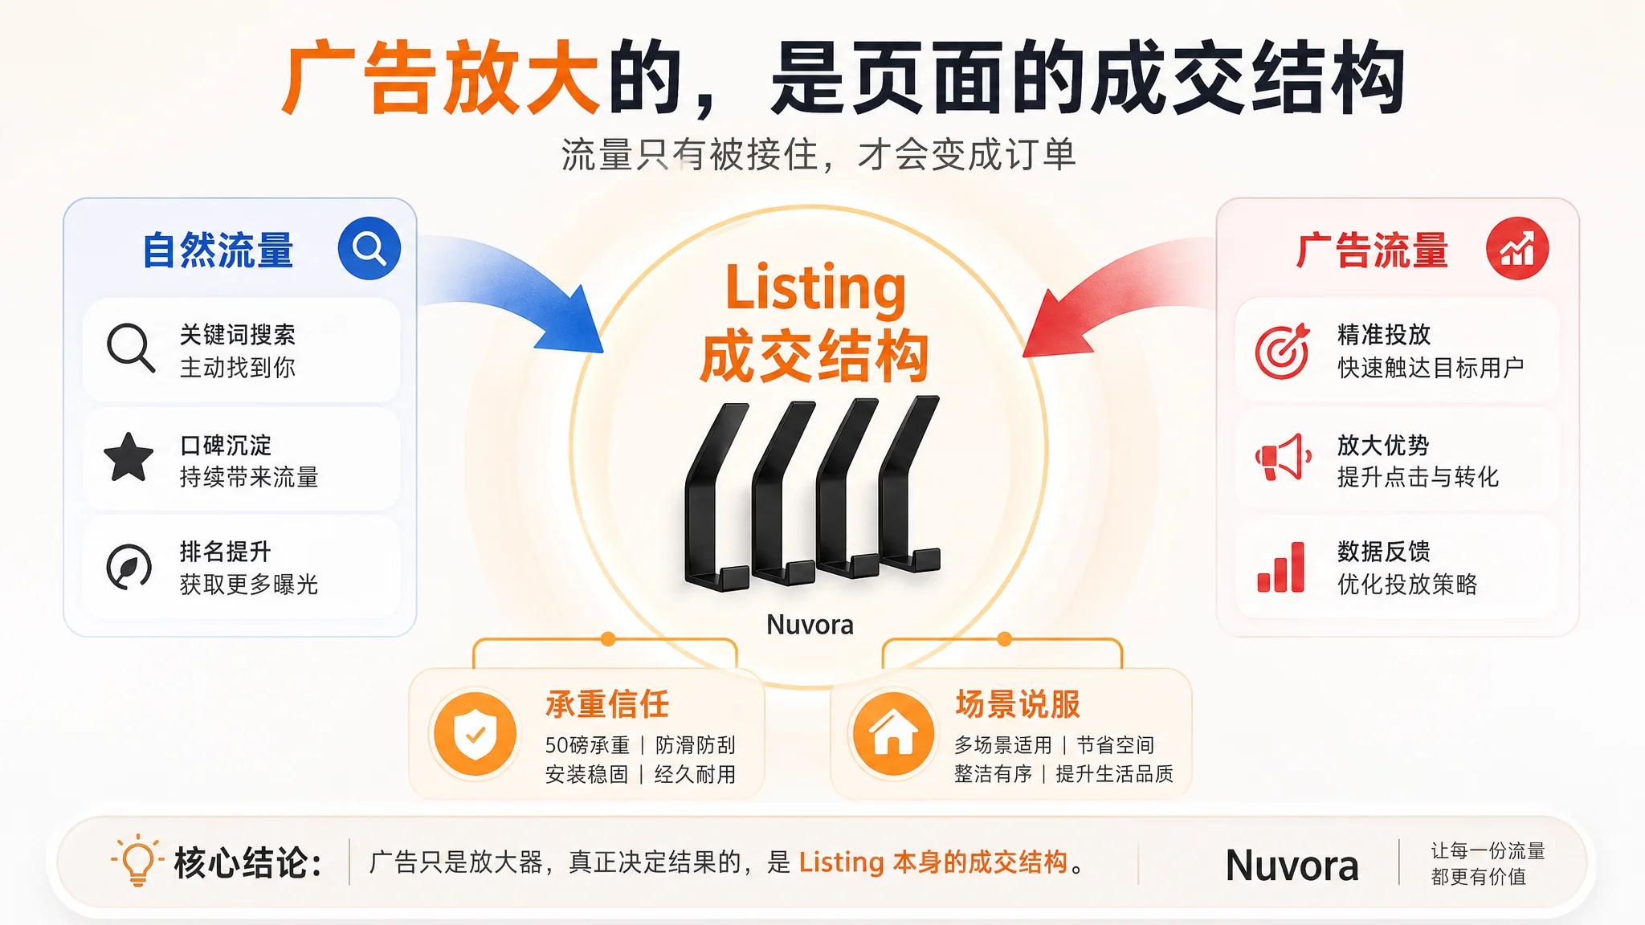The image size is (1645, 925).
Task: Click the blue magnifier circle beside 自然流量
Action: [369, 248]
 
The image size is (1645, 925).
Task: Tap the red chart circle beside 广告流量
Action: [1517, 248]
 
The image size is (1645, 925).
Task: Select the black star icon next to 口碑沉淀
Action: [129, 457]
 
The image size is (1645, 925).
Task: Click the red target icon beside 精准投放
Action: [1283, 351]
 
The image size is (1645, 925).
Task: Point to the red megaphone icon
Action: [1283, 457]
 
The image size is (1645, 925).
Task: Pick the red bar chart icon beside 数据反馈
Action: [1281, 567]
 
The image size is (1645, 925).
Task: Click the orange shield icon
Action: [475, 734]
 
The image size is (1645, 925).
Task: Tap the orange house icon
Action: [894, 734]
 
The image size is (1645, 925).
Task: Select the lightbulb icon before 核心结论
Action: [137, 860]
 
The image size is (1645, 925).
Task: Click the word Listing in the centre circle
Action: [815, 287]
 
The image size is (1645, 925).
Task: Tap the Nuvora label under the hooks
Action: [810, 625]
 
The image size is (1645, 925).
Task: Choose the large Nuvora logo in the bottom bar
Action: [1292, 866]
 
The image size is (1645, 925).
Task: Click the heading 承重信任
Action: [607, 704]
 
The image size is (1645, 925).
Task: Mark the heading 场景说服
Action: [1018, 704]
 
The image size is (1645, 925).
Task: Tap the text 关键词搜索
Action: [238, 335]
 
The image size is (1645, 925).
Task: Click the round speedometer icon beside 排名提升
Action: [129, 567]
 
